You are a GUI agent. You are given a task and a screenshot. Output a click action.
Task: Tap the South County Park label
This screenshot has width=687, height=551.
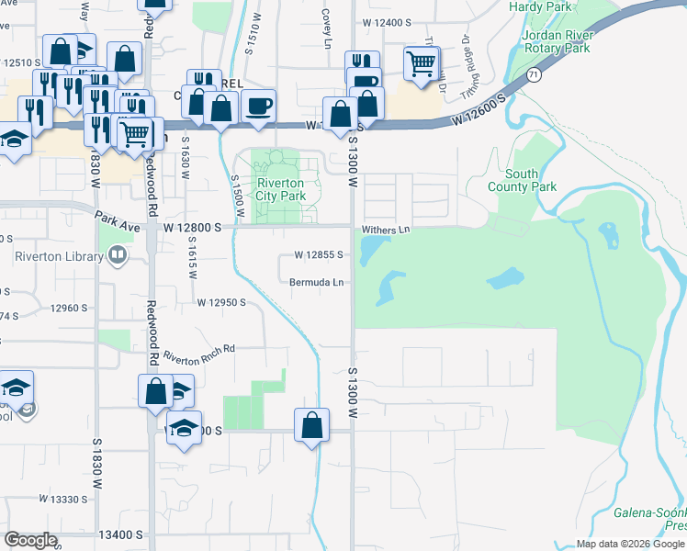[x=531, y=180]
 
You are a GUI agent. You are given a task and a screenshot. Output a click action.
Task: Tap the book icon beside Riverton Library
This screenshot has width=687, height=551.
[x=117, y=257]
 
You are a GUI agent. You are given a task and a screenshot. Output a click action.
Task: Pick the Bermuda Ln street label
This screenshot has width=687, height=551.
[x=317, y=282]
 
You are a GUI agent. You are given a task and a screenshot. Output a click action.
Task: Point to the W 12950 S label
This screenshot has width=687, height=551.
[x=220, y=302]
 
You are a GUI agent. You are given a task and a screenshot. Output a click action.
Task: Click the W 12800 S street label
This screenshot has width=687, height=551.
[x=193, y=227]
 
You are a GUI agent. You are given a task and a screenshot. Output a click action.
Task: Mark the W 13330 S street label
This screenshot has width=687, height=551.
[x=63, y=499]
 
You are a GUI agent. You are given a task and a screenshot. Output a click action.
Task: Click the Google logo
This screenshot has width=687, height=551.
[x=30, y=539]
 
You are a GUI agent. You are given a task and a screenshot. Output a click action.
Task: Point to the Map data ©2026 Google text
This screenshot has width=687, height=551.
[x=630, y=544]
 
